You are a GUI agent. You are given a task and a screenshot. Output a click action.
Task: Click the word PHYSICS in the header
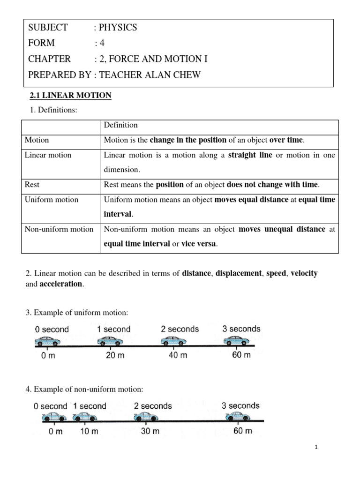[x=117, y=27]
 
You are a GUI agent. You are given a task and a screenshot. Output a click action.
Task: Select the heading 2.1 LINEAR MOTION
[x=70, y=96]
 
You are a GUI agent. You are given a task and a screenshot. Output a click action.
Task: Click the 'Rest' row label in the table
[x=32, y=185]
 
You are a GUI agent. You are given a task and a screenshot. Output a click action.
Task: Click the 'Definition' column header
[x=121, y=125]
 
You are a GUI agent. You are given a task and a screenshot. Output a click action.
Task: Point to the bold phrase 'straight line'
[x=250, y=155]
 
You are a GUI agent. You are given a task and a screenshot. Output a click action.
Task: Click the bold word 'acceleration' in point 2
[x=61, y=285]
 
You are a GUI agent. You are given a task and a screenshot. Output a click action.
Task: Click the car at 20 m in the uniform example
[x=110, y=341]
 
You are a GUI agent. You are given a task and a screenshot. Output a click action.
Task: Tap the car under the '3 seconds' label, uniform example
[x=237, y=341]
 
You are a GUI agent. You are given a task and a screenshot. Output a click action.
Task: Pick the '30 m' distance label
[x=150, y=431]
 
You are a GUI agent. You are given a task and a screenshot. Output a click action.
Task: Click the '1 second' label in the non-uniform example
[x=90, y=406]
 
